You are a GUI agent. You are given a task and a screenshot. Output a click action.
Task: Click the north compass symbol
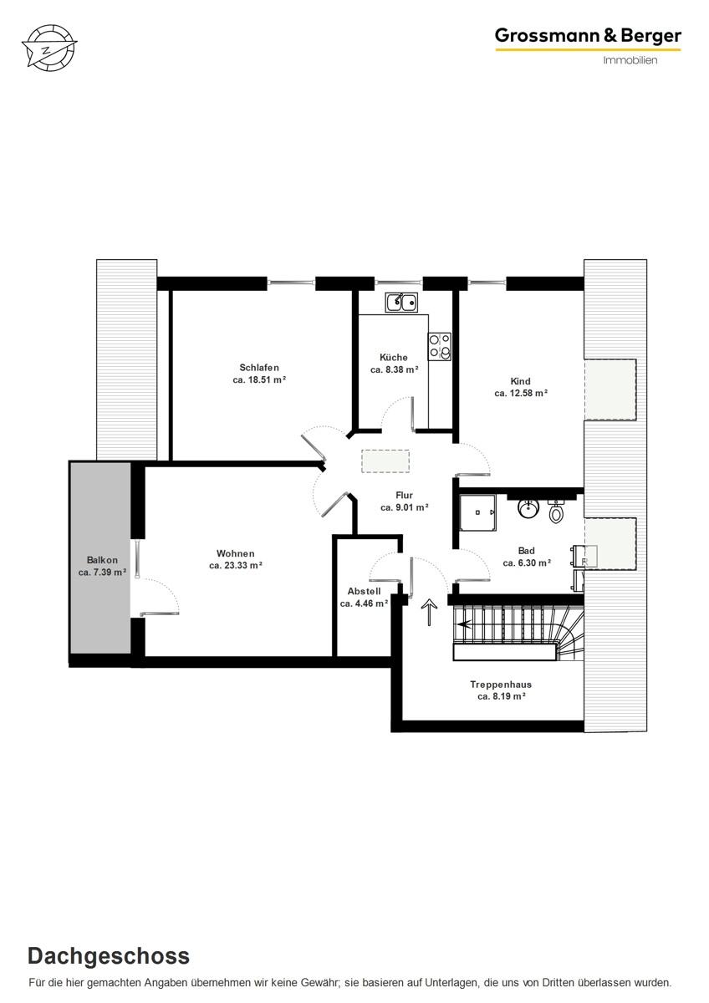(x=48, y=47)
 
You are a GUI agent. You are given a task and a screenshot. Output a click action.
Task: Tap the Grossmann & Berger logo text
(x=588, y=35)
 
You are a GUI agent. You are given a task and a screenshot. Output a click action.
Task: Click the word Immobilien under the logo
(x=630, y=60)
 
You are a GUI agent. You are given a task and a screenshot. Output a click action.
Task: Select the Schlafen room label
(x=258, y=368)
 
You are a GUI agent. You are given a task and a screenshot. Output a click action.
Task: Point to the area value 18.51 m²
(x=260, y=380)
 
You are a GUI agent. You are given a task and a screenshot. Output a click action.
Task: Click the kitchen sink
(x=401, y=302)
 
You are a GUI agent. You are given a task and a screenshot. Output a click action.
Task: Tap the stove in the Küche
(x=440, y=346)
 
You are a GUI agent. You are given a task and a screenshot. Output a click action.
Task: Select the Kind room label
(x=520, y=381)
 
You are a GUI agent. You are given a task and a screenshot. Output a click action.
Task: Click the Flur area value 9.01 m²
(x=405, y=507)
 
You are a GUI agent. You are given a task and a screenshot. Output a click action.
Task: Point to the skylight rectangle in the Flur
(x=385, y=461)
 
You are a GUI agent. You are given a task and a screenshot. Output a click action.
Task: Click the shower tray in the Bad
(x=477, y=512)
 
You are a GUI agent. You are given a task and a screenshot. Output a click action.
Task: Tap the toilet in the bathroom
(x=557, y=511)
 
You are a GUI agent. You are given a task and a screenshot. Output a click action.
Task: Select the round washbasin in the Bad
(x=528, y=508)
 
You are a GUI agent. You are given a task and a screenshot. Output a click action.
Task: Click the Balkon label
(x=102, y=560)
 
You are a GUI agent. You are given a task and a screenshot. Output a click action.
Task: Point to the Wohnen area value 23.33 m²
(x=236, y=566)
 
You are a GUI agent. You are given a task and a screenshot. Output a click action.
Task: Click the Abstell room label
(x=364, y=591)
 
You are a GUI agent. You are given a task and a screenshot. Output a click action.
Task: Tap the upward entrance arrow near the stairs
(x=431, y=613)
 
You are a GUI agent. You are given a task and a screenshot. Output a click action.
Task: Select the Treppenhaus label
(x=501, y=685)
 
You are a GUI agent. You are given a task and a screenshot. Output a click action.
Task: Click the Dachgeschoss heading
(x=109, y=956)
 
